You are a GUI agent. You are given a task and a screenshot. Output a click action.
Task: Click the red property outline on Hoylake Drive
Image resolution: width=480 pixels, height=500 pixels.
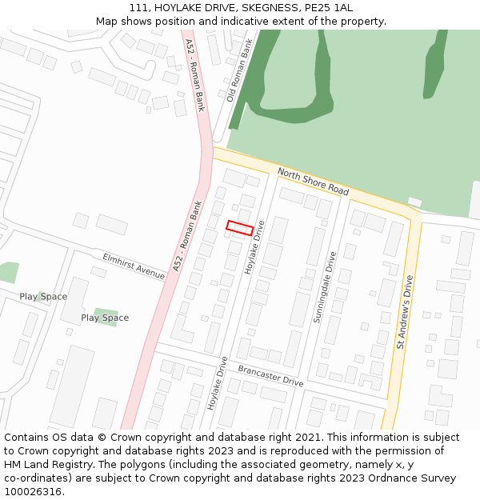[x=240, y=227]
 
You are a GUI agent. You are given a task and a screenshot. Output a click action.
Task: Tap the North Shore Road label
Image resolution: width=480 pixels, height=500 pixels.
[x=313, y=182]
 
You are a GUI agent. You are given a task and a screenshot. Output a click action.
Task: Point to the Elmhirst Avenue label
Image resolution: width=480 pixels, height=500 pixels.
[x=134, y=266]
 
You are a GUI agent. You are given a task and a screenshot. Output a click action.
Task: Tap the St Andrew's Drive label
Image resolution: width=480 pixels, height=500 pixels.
[x=405, y=312]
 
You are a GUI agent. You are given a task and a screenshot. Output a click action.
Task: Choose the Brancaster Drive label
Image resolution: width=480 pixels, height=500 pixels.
[x=270, y=375]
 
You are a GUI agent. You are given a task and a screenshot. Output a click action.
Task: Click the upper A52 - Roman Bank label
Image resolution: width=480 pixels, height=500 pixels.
[x=195, y=75]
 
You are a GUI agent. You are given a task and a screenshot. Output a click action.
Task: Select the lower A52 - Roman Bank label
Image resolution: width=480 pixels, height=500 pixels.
[x=186, y=236]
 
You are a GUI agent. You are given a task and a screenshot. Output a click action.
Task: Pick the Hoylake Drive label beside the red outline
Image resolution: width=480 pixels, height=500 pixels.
[x=255, y=248]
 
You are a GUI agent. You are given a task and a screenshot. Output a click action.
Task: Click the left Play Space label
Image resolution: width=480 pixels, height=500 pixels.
[x=43, y=297]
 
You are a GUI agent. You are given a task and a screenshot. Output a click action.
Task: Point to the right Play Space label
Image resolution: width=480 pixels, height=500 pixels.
[x=105, y=318]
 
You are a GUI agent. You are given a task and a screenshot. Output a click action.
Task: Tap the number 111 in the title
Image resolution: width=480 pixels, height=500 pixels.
[x=138, y=7]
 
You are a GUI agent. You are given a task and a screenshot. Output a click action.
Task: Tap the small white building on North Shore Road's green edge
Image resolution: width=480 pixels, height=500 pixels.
[x=414, y=202]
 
